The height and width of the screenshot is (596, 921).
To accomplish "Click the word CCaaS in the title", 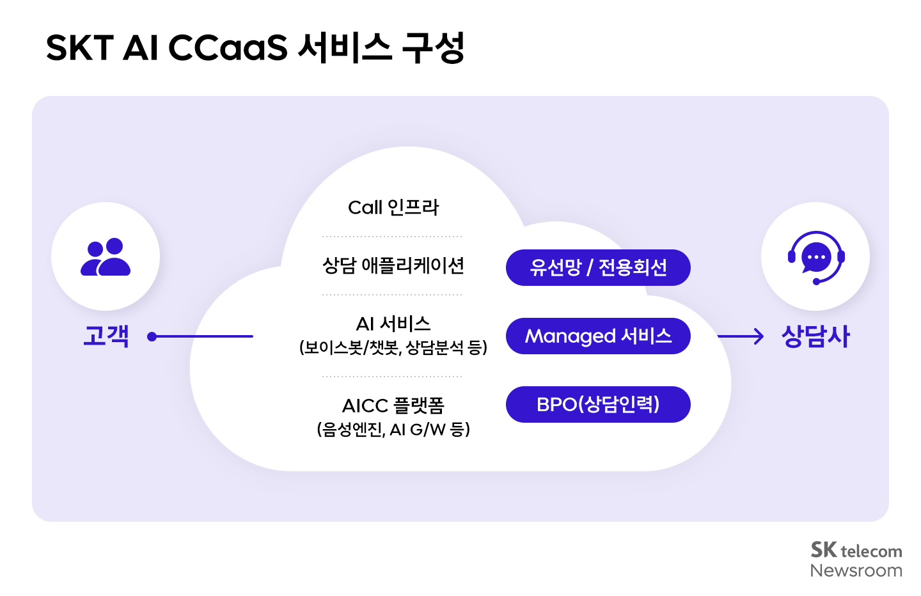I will tap(228, 48).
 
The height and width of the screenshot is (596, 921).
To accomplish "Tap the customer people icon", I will tap(106, 257).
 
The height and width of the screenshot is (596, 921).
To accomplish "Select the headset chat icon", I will tap(815, 257).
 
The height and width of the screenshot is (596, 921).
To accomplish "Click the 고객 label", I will tap(106, 336).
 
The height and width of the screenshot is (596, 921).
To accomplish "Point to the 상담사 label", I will tap(815, 336).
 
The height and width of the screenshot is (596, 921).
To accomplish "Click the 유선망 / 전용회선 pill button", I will tap(598, 267).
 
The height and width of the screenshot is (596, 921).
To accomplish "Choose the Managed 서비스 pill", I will tap(598, 336).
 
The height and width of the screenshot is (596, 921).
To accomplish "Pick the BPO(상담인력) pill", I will tap(598, 405).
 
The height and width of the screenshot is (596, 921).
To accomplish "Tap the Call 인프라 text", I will tap(393, 207).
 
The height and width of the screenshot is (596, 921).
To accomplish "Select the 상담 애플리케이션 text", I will tap(393, 265).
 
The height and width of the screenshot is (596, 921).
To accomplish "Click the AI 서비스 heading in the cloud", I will tap(393, 324).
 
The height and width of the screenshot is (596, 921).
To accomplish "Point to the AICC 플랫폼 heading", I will tap(393, 405).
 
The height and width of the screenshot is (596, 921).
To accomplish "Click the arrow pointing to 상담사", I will tap(741, 336).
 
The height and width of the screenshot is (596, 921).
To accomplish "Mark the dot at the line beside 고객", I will tap(152, 336).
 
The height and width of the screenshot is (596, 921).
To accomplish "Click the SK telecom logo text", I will tap(856, 550).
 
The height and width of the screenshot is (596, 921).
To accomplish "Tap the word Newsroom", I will tap(856, 570).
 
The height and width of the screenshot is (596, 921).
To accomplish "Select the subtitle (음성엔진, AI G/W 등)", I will tap(393, 429).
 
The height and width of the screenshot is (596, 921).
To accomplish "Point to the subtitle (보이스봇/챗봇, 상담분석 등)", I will tap(393, 347).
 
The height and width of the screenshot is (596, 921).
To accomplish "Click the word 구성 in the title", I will tap(433, 48).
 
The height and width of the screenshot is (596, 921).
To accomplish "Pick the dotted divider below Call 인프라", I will tap(392, 237).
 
